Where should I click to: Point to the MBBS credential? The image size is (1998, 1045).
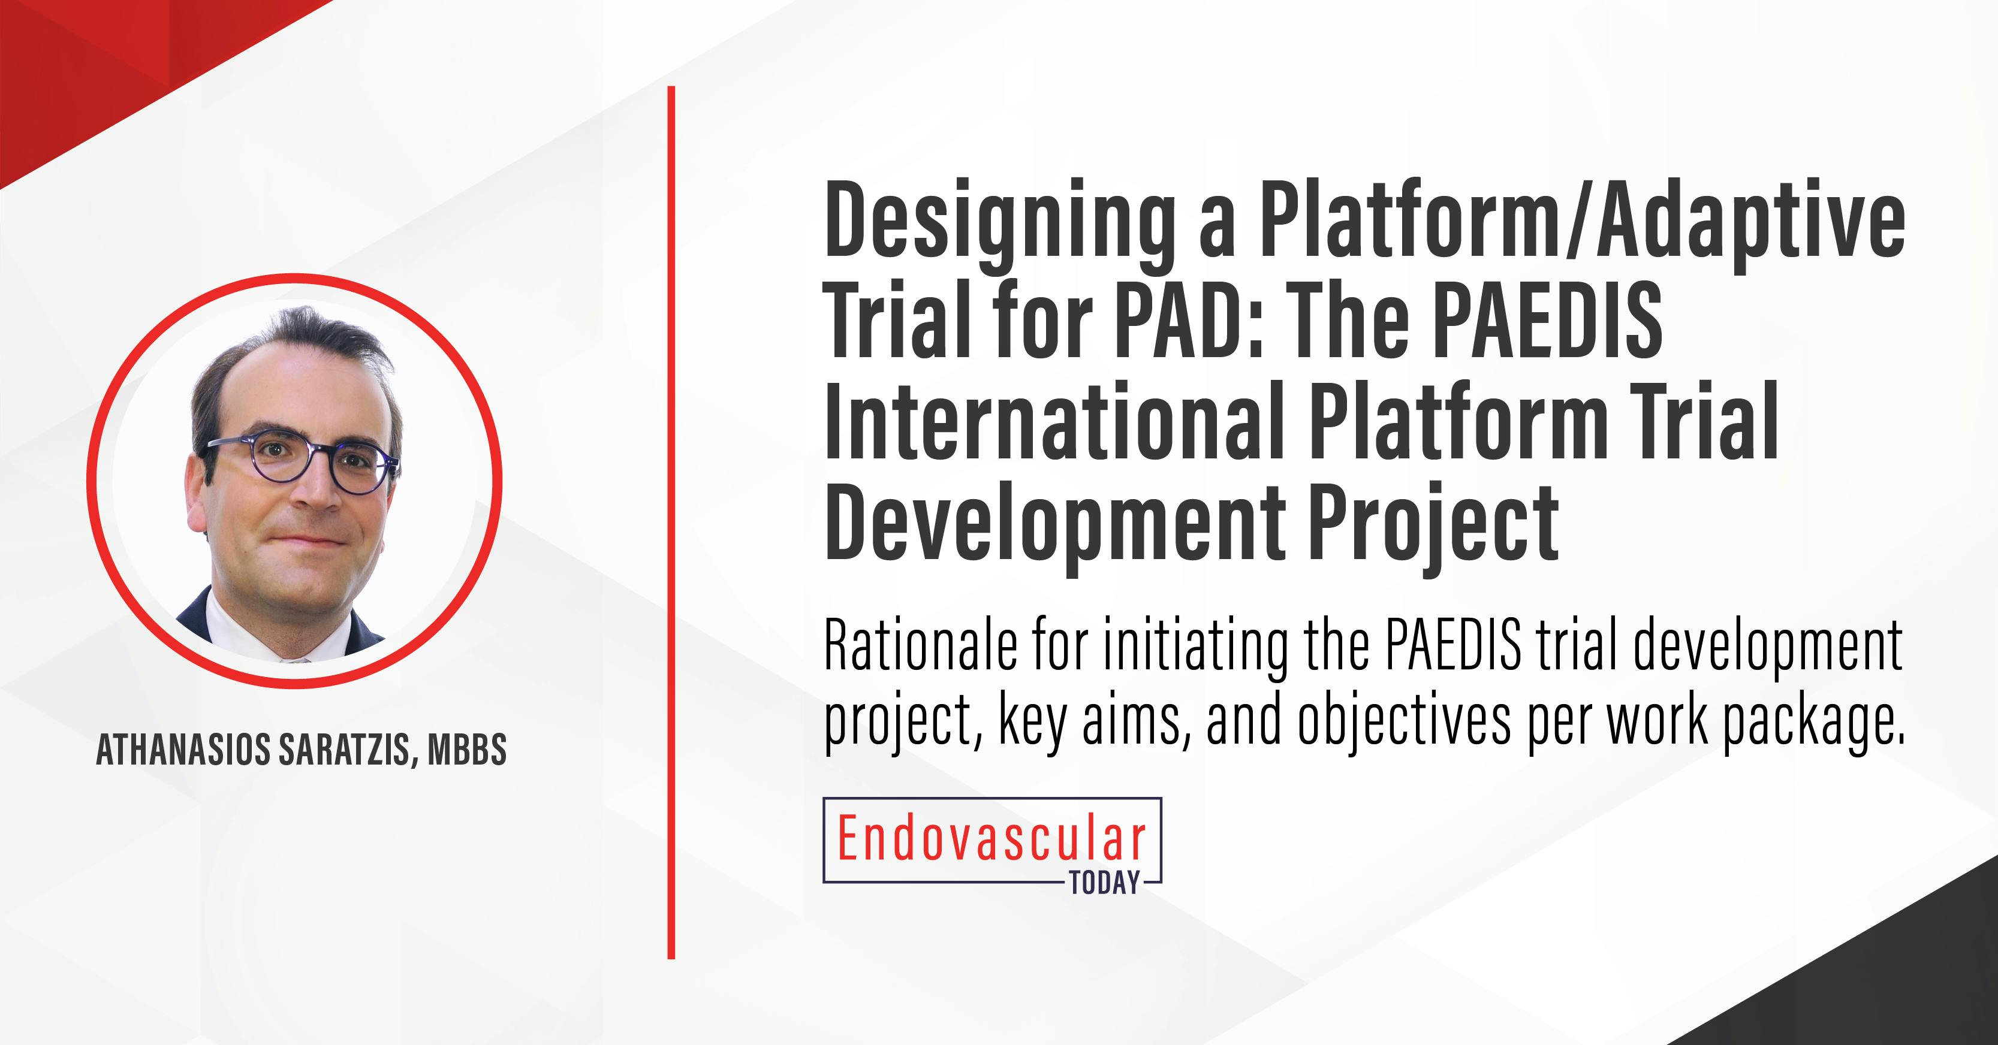[467, 750]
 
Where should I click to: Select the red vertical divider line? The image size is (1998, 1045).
[671, 522]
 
